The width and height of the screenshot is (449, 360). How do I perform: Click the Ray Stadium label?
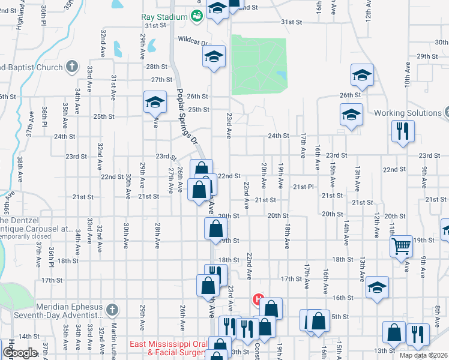point(164,17)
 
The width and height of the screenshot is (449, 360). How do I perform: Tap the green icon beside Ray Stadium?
point(196,17)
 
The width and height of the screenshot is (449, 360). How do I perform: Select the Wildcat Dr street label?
point(191,43)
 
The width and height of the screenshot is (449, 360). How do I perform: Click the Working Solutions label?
point(407,113)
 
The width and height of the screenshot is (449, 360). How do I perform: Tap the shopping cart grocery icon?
point(400,245)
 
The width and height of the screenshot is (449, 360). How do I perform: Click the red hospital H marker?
point(259,298)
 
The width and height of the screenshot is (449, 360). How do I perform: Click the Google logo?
point(20,353)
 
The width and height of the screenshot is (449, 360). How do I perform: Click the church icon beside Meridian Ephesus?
point(110,310)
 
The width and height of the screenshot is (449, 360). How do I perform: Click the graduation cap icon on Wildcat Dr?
point(214,57)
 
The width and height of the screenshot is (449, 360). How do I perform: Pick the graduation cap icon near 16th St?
point(377,287)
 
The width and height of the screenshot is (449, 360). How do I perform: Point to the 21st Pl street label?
point(303,187)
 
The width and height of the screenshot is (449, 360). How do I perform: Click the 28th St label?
point(155,67)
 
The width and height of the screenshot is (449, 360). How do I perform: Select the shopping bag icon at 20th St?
point(215,229)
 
